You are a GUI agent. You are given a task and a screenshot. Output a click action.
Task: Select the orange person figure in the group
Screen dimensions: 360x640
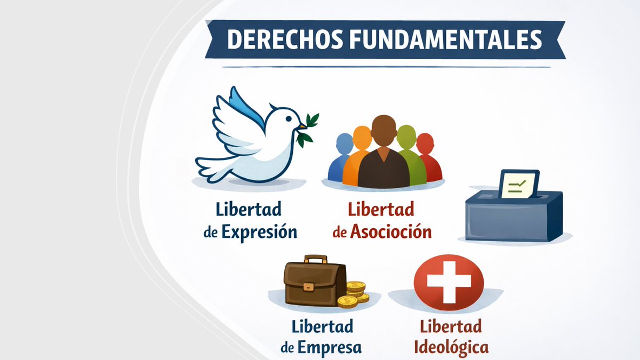(359, 155)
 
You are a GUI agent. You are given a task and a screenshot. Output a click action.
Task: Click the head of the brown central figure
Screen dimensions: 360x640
(383, 131)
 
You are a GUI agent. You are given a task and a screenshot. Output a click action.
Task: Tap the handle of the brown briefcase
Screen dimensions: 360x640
(315, 260)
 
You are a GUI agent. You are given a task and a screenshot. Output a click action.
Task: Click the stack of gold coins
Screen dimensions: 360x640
(355, 294)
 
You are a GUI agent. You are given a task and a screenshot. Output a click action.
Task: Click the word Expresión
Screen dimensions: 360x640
(259, 233)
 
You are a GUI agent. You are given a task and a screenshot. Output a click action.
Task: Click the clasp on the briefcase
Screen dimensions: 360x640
(308, 286)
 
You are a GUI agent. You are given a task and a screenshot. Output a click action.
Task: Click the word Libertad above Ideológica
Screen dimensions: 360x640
(451, 325)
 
